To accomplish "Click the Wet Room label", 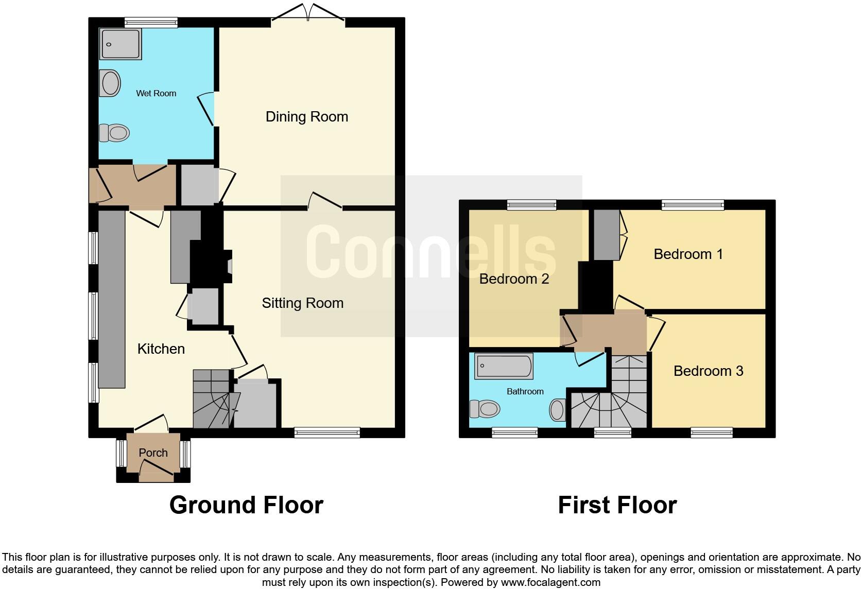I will (156, 93).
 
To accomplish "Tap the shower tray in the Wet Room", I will (121, 44).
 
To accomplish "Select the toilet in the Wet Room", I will (114, 133).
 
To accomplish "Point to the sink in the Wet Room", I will (110, 83).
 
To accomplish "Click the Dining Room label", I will (306, 117).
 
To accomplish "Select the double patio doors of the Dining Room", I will (308, 12).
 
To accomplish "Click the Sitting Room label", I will (302, 303).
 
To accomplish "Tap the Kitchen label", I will (161, 349).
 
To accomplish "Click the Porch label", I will (153, 453).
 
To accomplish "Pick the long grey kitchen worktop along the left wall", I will (112, 299).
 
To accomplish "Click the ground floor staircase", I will (211, 399).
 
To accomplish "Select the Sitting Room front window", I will (327, 433).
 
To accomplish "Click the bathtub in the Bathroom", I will (504, 366).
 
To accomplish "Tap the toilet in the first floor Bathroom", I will (486, 410).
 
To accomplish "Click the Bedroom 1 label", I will (688, 254).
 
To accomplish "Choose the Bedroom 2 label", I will (514, 279).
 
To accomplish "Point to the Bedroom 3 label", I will (708, 371).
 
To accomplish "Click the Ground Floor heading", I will (246, 505).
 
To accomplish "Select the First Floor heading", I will (617, 505).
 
